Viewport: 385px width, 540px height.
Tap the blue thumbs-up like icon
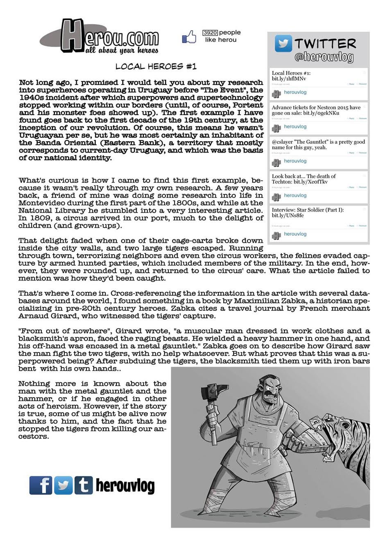(189, 37)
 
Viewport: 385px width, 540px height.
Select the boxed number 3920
(210, 32)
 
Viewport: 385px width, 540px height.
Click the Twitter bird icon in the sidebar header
(283, 43)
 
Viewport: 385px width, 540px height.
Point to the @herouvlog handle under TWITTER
(324, 57)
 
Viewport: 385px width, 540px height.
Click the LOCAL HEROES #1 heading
(156, 66)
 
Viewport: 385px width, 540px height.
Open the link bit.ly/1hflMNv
(289, 79)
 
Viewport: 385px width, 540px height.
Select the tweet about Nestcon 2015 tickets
(316, 110)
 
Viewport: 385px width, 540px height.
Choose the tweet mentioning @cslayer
(318, 145)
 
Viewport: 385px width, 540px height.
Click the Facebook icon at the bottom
(41, 485)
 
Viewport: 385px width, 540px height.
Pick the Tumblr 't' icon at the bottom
(84, 485)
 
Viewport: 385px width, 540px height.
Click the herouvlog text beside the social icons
(125, 486)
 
